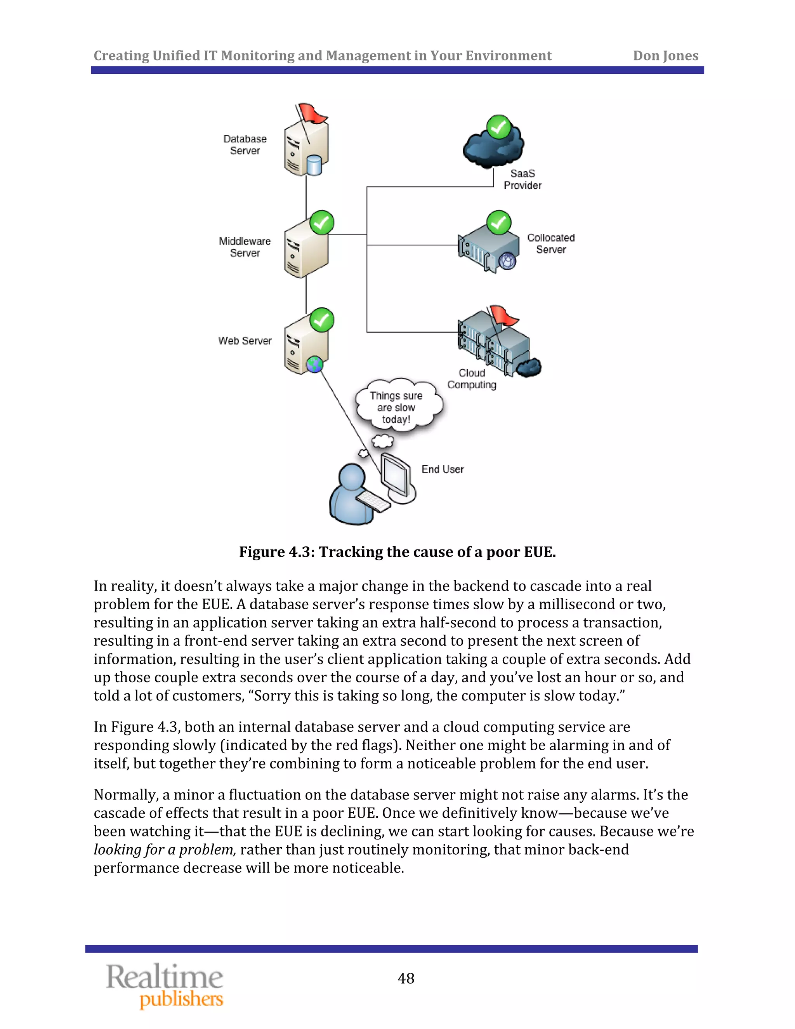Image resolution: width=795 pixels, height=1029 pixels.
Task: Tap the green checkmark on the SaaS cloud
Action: click(x=499, y=127)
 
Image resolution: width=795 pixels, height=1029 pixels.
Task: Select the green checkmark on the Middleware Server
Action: click(x=322, y=222)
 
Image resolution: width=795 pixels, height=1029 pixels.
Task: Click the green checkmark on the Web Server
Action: click(x=322, y=320)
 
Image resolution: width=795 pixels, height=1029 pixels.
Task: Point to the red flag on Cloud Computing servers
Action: click(x=503, y=315)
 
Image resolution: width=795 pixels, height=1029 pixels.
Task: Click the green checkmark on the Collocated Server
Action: click(x=499, y=222)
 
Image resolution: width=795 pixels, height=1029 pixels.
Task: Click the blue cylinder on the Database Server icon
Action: click(x=314, y=165)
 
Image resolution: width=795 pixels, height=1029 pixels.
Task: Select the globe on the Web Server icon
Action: click(x=314, y=364)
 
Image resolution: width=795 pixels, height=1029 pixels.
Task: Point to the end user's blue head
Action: click(x=352, y=478)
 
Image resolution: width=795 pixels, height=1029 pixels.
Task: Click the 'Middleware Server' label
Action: click(x=245, y=247)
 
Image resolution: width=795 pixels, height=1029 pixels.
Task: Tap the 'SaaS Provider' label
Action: click(x=522, y=179)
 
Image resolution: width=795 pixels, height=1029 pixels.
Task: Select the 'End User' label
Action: click(x=442, y=469)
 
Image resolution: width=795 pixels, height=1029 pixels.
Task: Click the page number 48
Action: click(x=406, y=978)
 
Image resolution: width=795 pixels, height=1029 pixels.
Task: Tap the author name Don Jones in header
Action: click(x=665, y=56)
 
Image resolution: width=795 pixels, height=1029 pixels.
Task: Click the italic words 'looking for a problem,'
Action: click(x=165, y=850)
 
